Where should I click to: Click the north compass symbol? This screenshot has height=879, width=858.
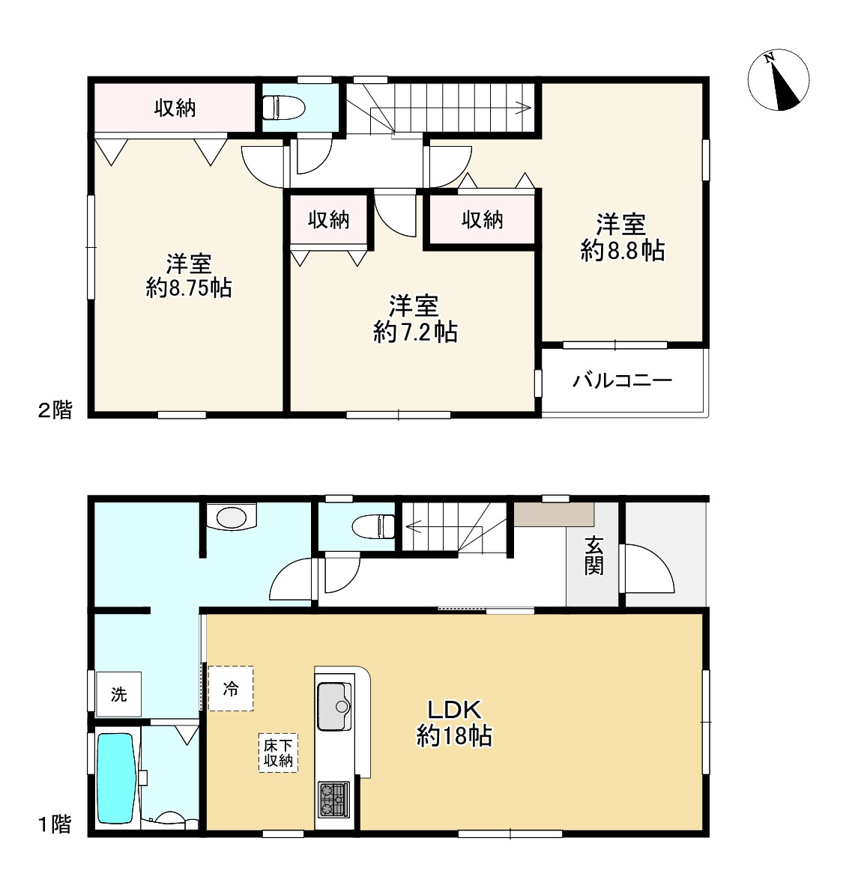pyautogui.click(x=779, y=79)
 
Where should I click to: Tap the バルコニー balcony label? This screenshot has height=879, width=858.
pyautogui.click(x=622, y=381)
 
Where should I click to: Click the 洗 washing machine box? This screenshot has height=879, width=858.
pyautogui.click(x=118, y=694)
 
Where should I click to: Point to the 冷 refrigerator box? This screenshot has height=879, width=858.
pyautogui.click(x=231, y=688)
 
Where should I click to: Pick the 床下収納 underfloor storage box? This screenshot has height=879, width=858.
pyautogui.click(x=278, y=753)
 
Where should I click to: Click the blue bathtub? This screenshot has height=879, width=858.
pyautogui.click(x=117, y=778)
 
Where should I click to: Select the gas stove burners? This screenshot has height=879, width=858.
pyautogui.click(x=334, y=800)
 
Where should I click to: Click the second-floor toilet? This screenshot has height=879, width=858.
pyautogui.click(x=283, y=107)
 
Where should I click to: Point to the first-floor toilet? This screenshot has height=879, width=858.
pyautogui.click(x=374, y=526)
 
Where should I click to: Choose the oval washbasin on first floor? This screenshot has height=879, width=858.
pyautogui.click(x=232, y=517)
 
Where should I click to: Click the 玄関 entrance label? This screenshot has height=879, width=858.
pyautogui.click(x=593, y=556)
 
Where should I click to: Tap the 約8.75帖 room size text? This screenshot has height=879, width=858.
pyautogui.click(x=189, y=288)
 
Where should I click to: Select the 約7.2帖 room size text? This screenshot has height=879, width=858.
pyautogui.click(x=415, y=332)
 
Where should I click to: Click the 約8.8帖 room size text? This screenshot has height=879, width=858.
pyautogui.click(x=622, y=251)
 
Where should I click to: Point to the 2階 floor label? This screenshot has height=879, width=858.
pyautogui.click(x=55, y=410)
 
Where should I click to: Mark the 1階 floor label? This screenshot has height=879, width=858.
pyautogui.click(x=55, y=824)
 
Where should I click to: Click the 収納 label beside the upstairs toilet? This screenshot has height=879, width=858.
pyautogui.click(x=175, y=108)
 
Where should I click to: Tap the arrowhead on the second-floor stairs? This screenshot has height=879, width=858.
pyautogui.click(x=526, y=108)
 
